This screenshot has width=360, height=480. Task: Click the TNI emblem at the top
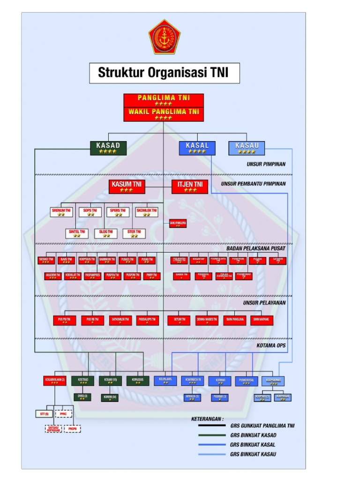[x=164, y=37]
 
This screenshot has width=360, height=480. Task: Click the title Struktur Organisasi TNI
[x=165, y=73]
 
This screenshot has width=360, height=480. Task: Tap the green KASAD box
[x=108, y=148]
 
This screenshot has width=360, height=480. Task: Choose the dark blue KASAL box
[x=197, y=148]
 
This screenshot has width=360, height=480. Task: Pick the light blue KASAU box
[x=247, y=148]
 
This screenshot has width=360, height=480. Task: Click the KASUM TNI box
[x=126, y=186]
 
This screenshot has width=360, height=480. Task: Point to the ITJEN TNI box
[x=190, y=186]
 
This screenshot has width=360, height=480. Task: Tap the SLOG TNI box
[x=106, y=233]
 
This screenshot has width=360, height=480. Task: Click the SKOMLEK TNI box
[x=146, y=212]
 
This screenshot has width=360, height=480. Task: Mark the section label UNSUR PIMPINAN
[x=266, y=165]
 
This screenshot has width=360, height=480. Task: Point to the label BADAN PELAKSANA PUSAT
[x=256, y=248]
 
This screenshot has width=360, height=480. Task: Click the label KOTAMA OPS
[x=271, y=345]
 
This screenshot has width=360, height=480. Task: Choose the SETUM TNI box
[x=179, y=320]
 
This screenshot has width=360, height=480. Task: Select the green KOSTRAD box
[x=82, y=381]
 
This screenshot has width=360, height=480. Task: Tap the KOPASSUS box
[x=138, y=381]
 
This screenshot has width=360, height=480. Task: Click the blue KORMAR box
[x=220, y=381]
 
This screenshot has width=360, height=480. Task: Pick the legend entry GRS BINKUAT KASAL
[x=253, y=444]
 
